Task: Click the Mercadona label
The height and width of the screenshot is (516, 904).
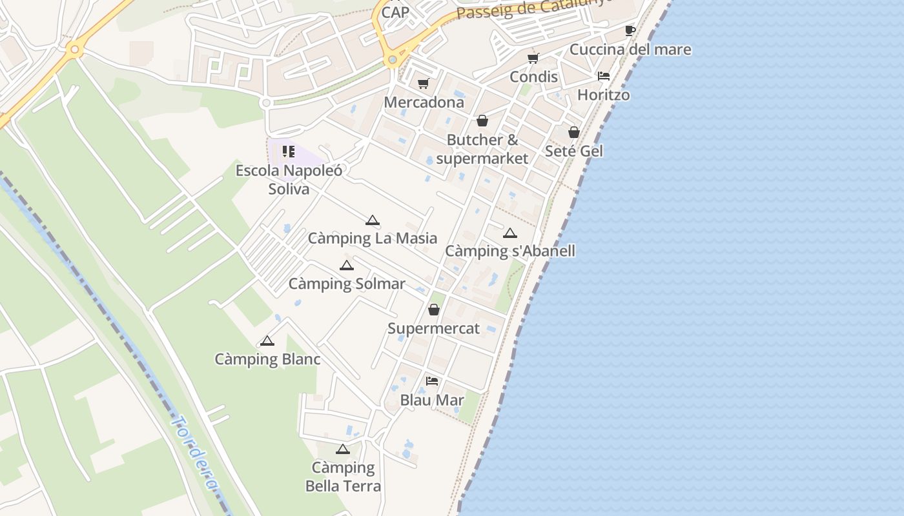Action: pos(424,102)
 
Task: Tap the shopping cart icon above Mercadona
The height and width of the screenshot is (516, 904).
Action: pos(424,83)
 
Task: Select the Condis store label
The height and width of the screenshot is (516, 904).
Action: pos(533,77)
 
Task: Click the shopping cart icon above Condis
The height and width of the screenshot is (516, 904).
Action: pos(533,59)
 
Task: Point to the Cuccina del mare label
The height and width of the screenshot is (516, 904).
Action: pos(630,49)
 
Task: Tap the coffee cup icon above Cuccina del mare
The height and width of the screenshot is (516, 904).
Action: pos(630,30)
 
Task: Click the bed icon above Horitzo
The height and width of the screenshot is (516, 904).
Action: pos(604,76)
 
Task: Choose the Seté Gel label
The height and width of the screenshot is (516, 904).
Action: pos(574,151)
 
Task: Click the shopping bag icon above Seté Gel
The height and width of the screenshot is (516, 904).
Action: pos(574,132)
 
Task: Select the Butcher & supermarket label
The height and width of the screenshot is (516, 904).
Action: pos(482,149)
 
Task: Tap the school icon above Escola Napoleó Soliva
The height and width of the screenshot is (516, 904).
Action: pos(289,152)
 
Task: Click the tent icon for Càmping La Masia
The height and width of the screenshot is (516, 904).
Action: pos(372,221)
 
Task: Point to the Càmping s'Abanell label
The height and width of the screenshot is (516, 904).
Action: pos(510,251)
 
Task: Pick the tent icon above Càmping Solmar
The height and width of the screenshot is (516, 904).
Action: pos(347,265)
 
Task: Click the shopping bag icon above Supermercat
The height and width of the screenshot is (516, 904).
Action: pos(434,310)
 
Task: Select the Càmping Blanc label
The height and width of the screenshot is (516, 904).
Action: pos(267,359)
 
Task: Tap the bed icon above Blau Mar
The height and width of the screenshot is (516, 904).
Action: pos(432,381)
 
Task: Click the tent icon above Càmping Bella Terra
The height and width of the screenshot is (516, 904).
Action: pos(343,449)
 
